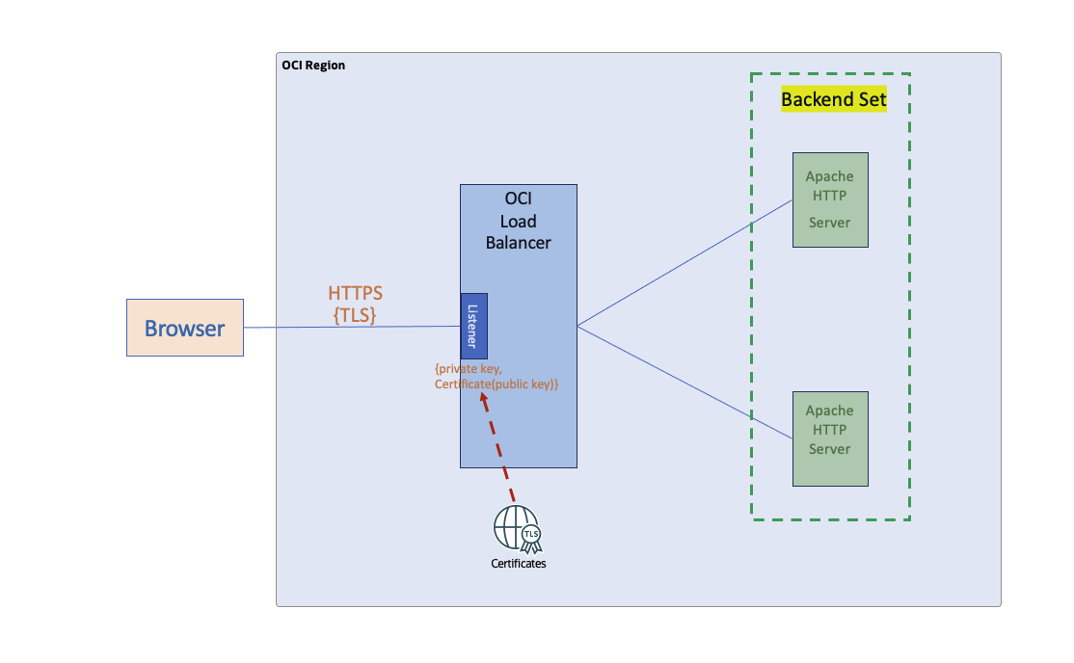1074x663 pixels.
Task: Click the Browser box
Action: click(184, 328)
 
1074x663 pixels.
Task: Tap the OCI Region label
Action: click(313, 66)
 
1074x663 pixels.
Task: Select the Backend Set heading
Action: click(833, 99)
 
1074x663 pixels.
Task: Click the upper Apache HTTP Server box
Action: click(830, 199)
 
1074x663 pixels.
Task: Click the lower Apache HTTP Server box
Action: click(830, 438)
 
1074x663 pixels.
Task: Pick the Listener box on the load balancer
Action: click(473, 326)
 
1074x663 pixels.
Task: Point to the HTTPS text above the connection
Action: click(355, 293)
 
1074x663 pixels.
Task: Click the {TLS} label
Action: click(355, 314)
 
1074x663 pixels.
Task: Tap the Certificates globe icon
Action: click(512, 526)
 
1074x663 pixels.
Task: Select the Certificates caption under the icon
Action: click(519, 564)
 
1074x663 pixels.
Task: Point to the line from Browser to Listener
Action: click(352, 328)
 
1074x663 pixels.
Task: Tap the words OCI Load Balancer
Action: click(519, 221)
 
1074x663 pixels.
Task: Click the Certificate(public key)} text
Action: click(497, 385)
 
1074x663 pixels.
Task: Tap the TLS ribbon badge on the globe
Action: click(531, 535)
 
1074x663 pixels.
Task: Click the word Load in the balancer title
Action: click(519, 221)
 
